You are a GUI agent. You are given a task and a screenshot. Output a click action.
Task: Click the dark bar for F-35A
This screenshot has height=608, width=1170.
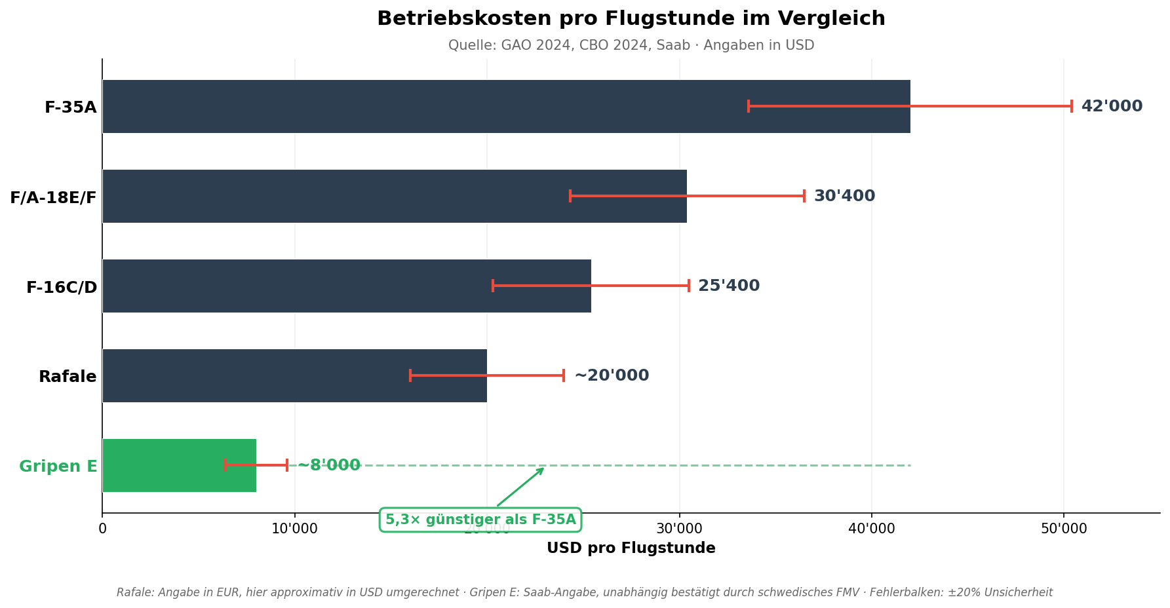click(x=419, y=106)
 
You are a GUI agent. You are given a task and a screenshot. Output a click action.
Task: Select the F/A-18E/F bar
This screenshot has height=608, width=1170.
click(x=328, y=196)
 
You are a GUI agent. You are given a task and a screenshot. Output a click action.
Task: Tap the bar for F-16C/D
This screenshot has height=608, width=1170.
click(x=295, y=286)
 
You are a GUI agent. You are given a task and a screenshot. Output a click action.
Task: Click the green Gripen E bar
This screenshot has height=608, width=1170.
click(x=164, y=465)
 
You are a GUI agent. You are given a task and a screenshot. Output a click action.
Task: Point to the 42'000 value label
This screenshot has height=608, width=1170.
click(x=1112, y=106)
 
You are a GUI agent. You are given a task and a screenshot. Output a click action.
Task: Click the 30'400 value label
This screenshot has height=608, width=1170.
click(x=844, y=196)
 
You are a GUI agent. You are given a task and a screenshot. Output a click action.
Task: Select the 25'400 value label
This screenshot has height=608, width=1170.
click(x=729, y=286)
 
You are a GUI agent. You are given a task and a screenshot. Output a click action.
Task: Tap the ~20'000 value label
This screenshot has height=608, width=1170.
click(x=612, y=375)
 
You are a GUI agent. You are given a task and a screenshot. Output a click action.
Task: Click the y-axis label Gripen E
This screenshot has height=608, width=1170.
click(x=58, y=466)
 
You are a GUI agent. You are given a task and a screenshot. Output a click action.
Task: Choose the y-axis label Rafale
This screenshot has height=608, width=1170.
click(x=68, y=377)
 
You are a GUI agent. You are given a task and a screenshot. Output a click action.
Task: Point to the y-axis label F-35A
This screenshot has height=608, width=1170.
click(x=70, y=107)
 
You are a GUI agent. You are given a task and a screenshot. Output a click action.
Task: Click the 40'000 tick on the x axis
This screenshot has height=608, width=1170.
click(x=871, y=529)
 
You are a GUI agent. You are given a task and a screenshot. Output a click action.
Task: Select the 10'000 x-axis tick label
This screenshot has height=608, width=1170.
click(x=294, y=529)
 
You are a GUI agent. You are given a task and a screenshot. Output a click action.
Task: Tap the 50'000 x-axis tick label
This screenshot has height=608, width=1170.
click(x=1064, y=529)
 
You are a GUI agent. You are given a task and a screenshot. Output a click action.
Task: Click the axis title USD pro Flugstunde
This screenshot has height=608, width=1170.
click(x=631, y=548)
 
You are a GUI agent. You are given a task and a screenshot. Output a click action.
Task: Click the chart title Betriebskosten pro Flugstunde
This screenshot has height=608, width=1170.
click(x=631, y=18)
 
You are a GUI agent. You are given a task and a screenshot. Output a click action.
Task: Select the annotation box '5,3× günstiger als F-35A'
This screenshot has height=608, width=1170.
click(x=480, y=520)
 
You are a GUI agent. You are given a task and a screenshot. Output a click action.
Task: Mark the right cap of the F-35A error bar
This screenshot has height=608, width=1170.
click(x=1072, y=106)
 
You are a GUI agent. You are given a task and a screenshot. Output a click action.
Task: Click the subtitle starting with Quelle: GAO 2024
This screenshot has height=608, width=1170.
click(x=631, y=45)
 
